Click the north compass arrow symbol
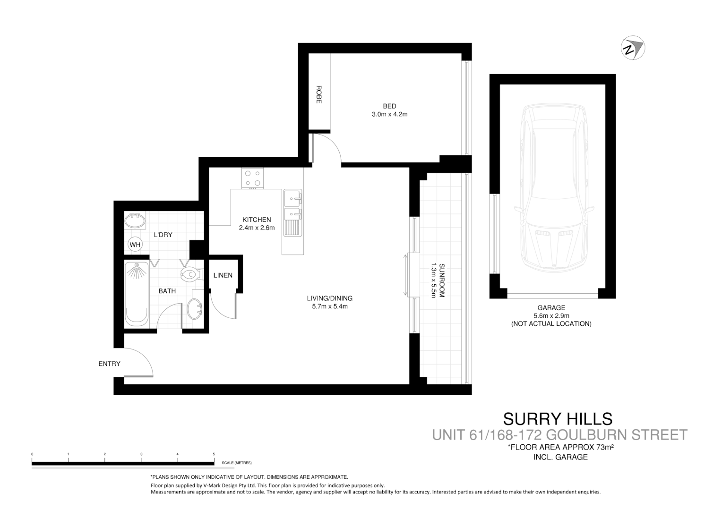pyautogui.click(x=633, y=48)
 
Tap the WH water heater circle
pyautogui.click(x=135, y=245)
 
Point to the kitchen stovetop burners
pyautogui.click(x=252, y=178)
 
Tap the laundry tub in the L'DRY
pyautogui.click(x=135, y=221)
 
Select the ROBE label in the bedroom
pyautogui.click(x=318, y=94)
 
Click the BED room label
pyautogui.click(x=389, y=106)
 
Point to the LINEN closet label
pyautogui.click(x=223, y=275)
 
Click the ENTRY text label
pyautogui.click(x=109, y=364)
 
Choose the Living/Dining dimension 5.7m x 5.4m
pyautogui.click(x=329, y=306)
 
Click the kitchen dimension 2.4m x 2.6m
pyautogui.click(x=257, y=228)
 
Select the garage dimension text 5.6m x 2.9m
pyautogui.click(x=551, y=315)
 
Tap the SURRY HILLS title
pyautogui.click(x=558, y=419)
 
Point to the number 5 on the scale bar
pyautogui.click(x=214, y=454)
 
